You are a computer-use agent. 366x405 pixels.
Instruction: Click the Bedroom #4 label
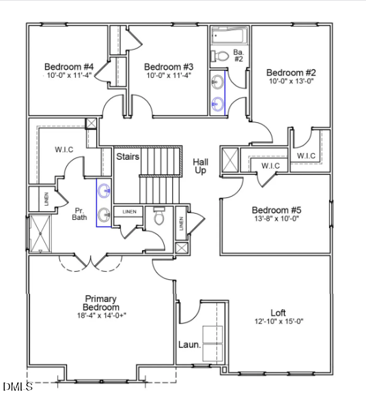click(x=68, y=66)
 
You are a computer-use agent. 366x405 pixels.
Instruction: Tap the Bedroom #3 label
click(x=169, y=66)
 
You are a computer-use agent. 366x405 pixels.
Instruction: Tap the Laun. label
click(x=190, y=345)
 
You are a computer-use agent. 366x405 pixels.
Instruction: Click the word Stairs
click(x=128, y=157)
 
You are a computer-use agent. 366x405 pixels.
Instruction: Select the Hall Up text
click(x=201, y=166)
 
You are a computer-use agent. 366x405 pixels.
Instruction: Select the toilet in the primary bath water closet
click(x=159, y=217)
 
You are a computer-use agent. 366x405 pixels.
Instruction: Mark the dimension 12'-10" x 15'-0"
click(x=278, y=321)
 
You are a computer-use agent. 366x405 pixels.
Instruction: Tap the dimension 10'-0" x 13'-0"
click(x=291, y=81)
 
